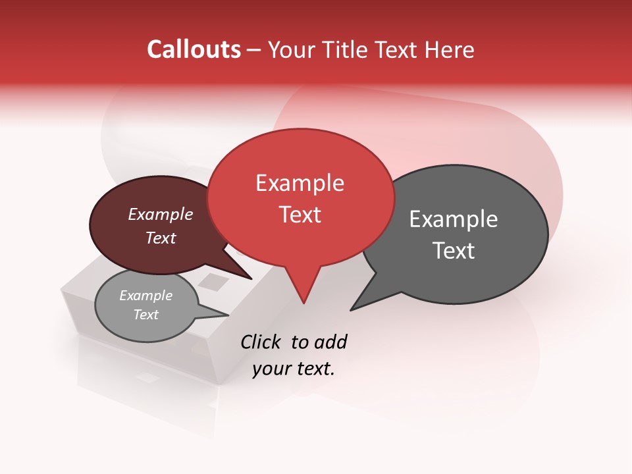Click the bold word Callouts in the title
pos(194,49)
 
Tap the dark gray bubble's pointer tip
pos(352,309)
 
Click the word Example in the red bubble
pos(300,183)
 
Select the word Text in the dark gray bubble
pos(454,251)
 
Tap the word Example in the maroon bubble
pos(161,215)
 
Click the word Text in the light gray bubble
pos(145,315)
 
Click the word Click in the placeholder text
pos(261,342)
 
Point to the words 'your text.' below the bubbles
pos(294,369)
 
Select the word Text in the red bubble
pos(300,215)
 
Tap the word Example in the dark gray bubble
pos(454,219)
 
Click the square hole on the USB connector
pos(213,282)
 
